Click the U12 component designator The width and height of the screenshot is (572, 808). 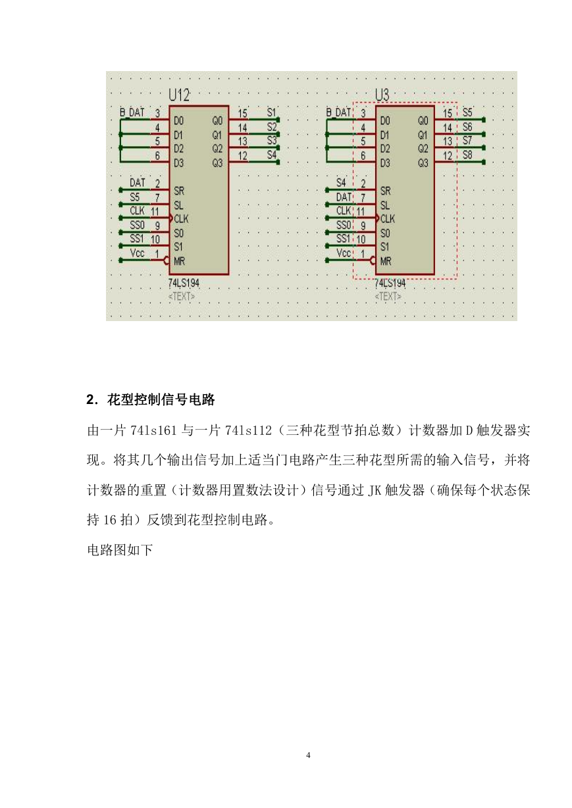[179, 95]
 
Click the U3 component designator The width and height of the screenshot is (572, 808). [382, 95]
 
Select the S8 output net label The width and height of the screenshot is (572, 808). [467, 155]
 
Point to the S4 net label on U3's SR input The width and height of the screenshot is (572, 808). [341, 182]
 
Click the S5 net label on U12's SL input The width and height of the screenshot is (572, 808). [135, 197]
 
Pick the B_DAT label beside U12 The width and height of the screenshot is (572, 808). [132, 113]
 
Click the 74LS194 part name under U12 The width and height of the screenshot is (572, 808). [184, 283]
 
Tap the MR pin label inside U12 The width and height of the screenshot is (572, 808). [179, 261]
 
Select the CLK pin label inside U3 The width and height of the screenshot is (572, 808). [388, 218]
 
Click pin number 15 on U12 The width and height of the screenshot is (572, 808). [242, 113]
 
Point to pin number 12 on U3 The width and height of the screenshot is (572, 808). [448, 155]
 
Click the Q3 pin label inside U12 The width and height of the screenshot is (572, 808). [217, 163]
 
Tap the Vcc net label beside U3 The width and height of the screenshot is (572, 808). [344, 253]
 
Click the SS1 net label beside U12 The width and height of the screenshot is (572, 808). [137, 238]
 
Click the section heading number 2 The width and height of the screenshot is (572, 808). [91, 399]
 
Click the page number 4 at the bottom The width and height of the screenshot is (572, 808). [308, 755]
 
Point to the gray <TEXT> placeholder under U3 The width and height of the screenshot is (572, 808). [388, 297]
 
